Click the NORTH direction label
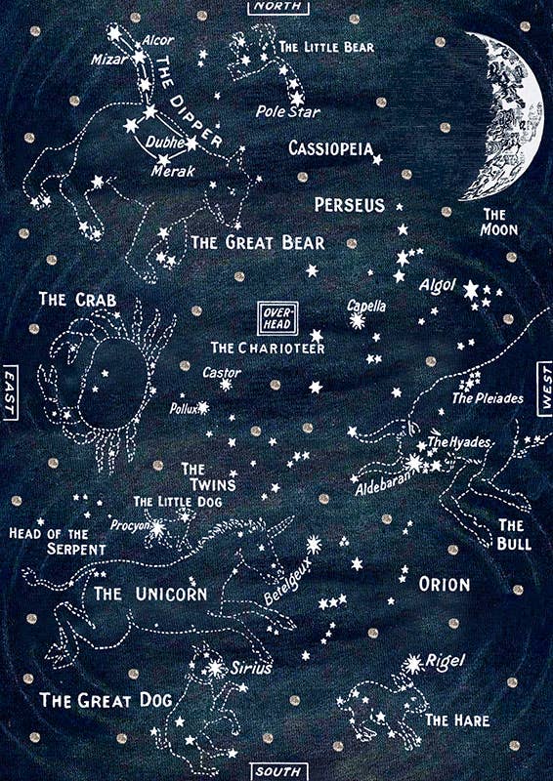click(276, 7)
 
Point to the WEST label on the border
click(543, 390)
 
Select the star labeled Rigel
click(414, 665)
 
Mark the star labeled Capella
click(357, 321)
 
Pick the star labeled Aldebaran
click(414, 465)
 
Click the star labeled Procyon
click(157, 526)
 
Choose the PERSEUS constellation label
click(349, 205)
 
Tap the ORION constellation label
click(444, 585)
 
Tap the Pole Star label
click(281, 110)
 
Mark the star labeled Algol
click(472, 290)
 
